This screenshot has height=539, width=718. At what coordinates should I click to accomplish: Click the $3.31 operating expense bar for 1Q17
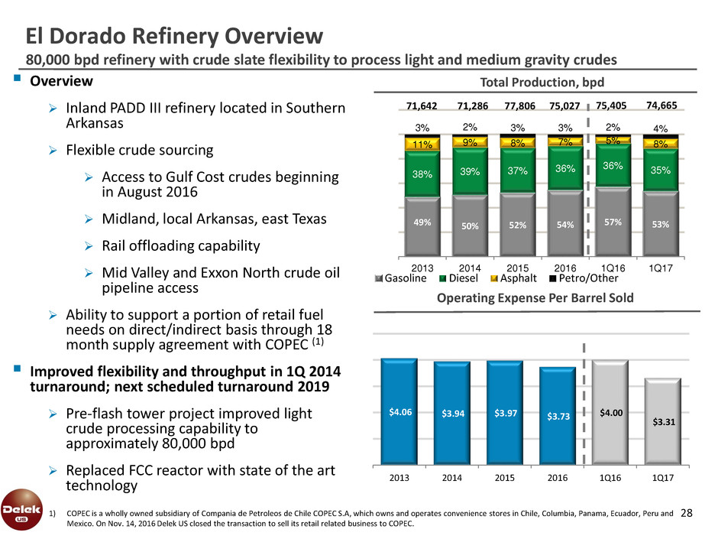point(661,420)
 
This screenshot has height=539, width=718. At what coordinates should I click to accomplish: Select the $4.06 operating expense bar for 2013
point(398,411)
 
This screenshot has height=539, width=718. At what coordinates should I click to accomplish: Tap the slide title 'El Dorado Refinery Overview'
point(175,35)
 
